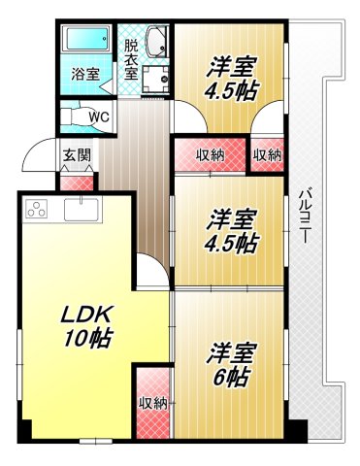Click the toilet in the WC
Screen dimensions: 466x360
coord(75,116)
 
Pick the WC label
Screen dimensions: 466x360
coord(98,117)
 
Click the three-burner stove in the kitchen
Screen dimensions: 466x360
coord(38,210)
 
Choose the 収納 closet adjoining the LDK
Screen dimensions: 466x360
coord(153,401)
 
